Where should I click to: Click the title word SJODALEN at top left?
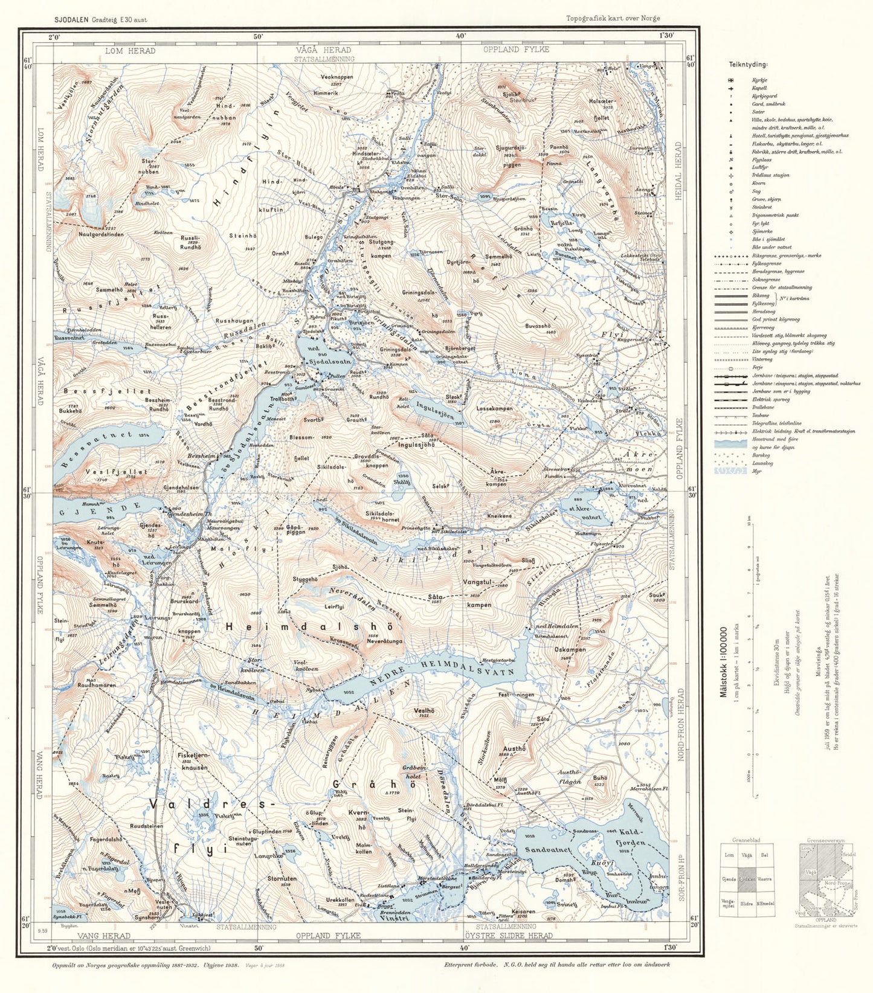pyautogui.click(x=71, y=19)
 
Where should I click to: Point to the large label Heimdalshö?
pyautogui.click(x=313, y=628)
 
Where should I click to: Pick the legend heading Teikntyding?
pyautogui.click(x=748, y=65)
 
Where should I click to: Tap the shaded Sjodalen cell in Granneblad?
pyautogui.click(x=747, y=879)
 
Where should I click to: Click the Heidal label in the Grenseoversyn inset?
pyautogui.click(x=849, y=855)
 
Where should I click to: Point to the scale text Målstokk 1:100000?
pyautogui.click(x=723, y=661)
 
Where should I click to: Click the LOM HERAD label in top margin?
pyautogui.click(x=130, y=51)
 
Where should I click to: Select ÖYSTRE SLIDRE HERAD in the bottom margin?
pyautogui.click(x=514, y=936)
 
